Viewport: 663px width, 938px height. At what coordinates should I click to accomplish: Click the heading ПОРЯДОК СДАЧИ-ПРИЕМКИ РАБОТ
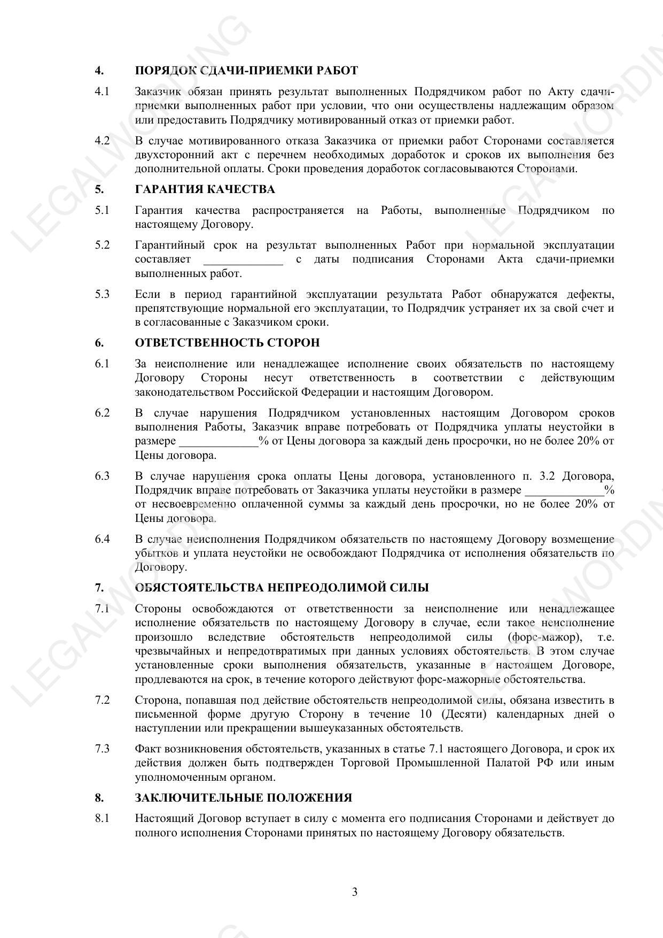pos(246,71)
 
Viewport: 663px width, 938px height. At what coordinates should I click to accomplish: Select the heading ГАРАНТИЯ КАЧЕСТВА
pos(205,189)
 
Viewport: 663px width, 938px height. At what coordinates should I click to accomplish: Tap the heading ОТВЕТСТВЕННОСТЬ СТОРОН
pos(228,343)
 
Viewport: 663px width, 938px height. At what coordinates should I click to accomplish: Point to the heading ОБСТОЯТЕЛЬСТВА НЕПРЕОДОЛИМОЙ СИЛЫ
pos(282,588)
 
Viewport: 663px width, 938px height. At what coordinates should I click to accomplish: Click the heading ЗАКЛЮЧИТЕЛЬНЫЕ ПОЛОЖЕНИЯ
pos(244,798)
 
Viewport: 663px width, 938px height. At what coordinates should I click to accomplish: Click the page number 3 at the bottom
pos(355,892)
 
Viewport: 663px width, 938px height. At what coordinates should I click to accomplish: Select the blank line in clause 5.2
pos(243,261)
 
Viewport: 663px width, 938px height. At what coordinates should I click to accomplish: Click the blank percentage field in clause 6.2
pos(219,442)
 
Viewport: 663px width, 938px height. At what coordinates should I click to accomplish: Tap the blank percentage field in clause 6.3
pos(565,491)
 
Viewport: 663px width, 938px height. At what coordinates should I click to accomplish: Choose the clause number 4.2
pos(102,141)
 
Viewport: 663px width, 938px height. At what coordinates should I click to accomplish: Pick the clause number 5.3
pos(102,294)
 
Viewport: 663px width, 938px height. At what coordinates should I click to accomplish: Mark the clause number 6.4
pos(102,539)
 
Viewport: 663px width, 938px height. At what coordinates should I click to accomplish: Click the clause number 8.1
pos(102,819)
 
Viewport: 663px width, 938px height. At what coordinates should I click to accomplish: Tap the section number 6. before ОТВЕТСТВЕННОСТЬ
pos(99,343)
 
